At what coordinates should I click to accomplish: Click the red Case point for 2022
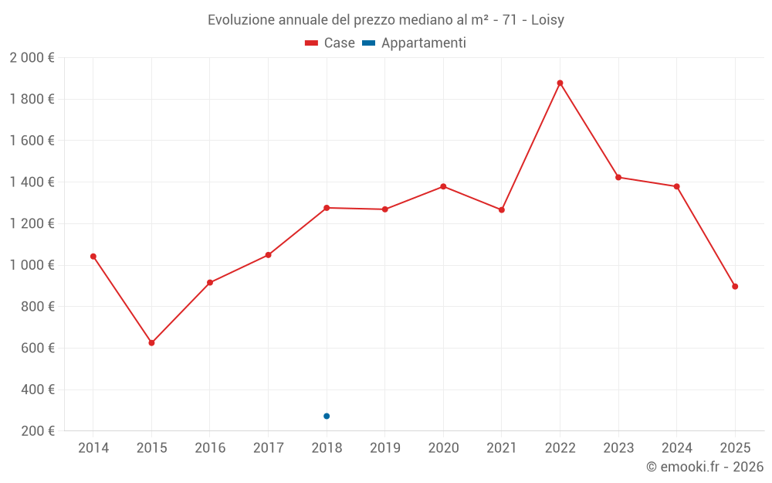pos(560,83)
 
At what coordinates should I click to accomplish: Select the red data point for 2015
pos(151,342)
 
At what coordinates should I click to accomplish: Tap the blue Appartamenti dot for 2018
pos(327,416)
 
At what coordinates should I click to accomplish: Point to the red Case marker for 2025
pos(735,287)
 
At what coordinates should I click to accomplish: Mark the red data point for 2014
pos(93,257)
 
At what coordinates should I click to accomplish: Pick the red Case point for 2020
pos(443,186)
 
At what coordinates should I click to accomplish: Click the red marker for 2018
pos(327,208)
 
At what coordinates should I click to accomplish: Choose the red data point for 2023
pos(618,177)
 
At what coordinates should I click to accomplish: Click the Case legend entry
pos(330,43)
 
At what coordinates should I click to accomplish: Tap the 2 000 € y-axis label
pos(32,58)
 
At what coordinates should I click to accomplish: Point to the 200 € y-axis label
pos(36,431)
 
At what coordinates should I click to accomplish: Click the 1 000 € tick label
pos(32,265)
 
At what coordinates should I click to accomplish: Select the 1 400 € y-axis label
pos(32,182)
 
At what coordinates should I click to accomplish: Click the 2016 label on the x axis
pos(210,447)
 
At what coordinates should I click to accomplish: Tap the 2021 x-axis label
pos(502,447)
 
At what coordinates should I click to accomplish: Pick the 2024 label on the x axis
pos(677,447)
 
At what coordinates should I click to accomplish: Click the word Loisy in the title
pos(547,20)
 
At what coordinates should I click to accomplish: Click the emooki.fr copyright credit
pos(705,467)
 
